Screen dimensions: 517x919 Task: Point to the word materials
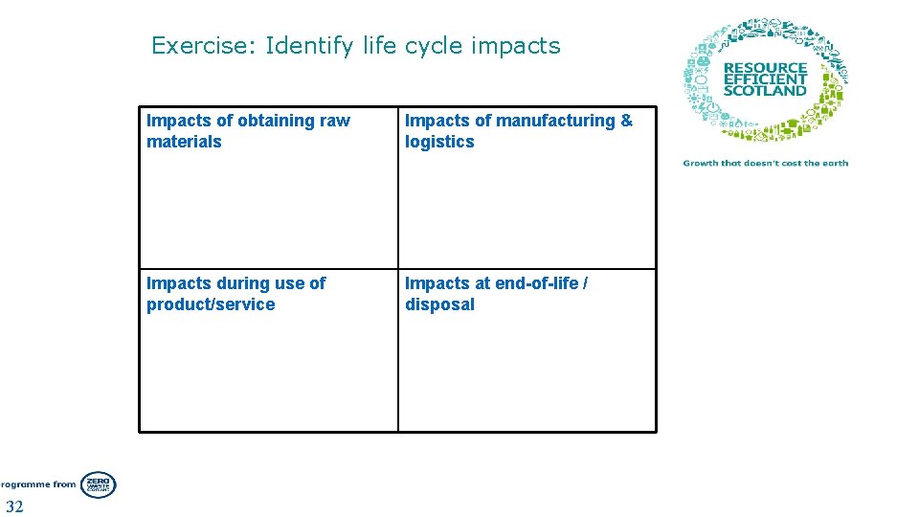(x=184, y=142)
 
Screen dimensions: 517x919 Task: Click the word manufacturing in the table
(x=555, y=121)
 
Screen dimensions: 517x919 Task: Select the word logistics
(x=439, y=142)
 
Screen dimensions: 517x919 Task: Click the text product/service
(x=211, y=304)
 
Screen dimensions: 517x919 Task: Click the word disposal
(x=439, y=304)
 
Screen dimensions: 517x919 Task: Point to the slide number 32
(x=14, y=506)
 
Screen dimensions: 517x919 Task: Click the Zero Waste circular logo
(x=98, y=484)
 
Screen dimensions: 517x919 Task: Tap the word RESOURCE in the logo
(x=766, y=69)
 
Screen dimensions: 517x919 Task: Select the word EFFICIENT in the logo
(x=765, y=79)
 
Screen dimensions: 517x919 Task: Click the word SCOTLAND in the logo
(x=765, y=91)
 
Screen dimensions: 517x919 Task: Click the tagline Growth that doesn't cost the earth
(x=766, y=163)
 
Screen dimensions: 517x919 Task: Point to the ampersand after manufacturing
(x=627, y=121)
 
